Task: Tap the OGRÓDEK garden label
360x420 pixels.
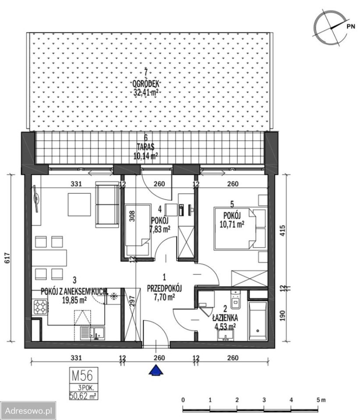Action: point(146,84)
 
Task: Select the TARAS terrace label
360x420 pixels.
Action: point(145,147)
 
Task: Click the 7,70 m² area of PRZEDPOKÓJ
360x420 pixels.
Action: point(164,297)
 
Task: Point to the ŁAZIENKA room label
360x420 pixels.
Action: point(225,318)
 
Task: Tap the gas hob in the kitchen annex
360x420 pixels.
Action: point(40,307)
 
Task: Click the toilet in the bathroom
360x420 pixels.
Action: point(236,299)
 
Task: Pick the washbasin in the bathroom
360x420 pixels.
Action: point(226,335)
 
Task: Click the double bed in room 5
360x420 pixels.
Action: point(235,228)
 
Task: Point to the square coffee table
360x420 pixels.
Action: point(79,204)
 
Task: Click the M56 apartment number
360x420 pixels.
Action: point(82,375)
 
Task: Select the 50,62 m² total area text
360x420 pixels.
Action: point(83,395)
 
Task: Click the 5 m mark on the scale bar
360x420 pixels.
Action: point(320,400)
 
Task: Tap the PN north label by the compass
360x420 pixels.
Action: point(351,26)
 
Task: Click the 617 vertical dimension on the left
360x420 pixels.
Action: point(7,258)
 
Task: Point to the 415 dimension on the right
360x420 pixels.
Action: point(282,231)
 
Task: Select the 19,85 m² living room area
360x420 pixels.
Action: point(74,300)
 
